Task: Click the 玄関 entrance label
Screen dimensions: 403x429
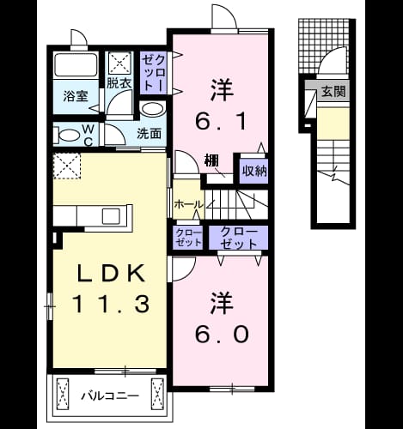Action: pos(333,92)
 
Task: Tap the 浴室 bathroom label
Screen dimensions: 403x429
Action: pos(76,96)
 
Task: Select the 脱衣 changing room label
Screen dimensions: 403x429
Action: pos(119,83)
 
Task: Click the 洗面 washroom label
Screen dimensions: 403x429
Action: pos(150,134)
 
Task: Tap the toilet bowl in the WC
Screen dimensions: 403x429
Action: pos(68,135)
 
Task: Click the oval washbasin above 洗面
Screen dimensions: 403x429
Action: pos(152,109)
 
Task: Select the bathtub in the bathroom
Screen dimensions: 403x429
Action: pos(76,65)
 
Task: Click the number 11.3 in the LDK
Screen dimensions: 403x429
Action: pos(112,304)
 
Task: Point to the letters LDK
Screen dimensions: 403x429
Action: pos(112,274)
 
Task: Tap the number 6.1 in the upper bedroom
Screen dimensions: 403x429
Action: pos(221,121)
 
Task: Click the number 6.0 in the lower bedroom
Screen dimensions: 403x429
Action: pos(222,335)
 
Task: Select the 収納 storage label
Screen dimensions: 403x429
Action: pos(254,171)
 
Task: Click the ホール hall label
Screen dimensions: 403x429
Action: pos(188,204)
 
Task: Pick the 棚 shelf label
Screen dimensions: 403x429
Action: pos(211,160)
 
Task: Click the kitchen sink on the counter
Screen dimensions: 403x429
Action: pos(111,216)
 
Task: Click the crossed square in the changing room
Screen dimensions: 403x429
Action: pos(120,63)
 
